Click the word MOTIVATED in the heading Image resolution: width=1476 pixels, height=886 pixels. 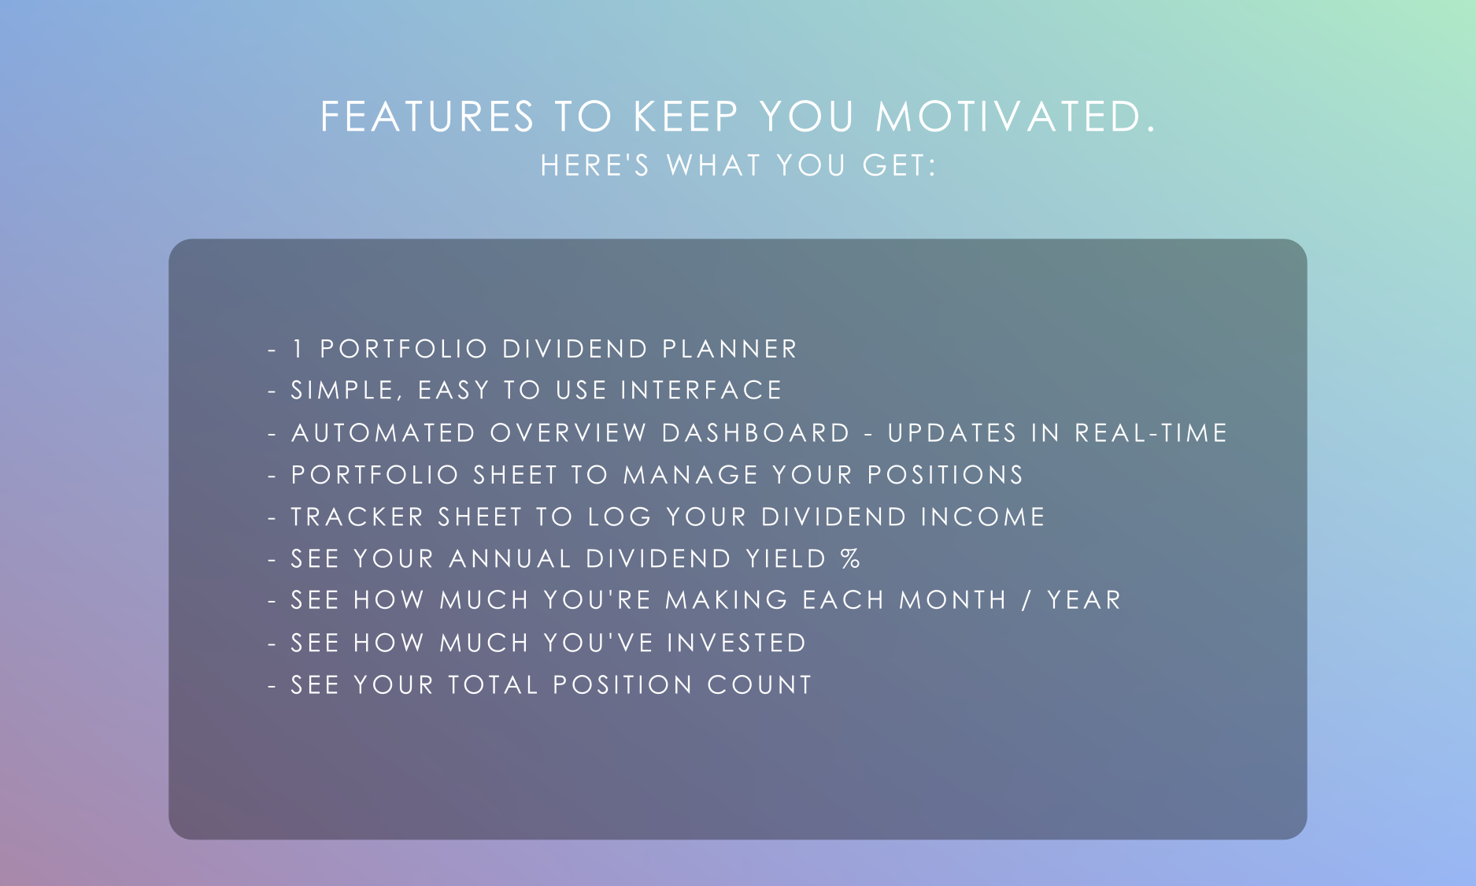pos(1015,117)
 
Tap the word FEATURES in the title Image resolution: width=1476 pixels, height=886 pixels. pos(427,117)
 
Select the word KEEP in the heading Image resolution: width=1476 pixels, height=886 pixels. pos(686,117)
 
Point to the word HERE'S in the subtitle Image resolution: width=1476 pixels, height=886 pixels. pos(595,165)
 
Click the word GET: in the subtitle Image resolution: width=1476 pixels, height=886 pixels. pos(899,165)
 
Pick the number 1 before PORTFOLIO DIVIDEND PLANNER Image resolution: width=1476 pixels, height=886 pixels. pos(298,349)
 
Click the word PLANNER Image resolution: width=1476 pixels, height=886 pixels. pos(730,349)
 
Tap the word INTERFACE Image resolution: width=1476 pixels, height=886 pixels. pos(701,390)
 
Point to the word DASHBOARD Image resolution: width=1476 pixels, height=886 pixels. pos(756,433)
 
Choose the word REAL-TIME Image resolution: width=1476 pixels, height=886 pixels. pos(1151,433)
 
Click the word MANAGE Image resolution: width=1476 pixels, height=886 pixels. pos(691,475)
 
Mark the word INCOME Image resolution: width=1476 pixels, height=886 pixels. pos(982,517)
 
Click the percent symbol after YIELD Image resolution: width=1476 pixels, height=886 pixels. pos(850,558)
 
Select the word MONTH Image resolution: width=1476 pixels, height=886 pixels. pos(953,600)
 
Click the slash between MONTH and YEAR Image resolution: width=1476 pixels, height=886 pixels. pos(1027,600)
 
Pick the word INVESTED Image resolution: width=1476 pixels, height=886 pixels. pos(737,643)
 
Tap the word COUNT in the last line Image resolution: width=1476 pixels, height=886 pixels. pos(760,684)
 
